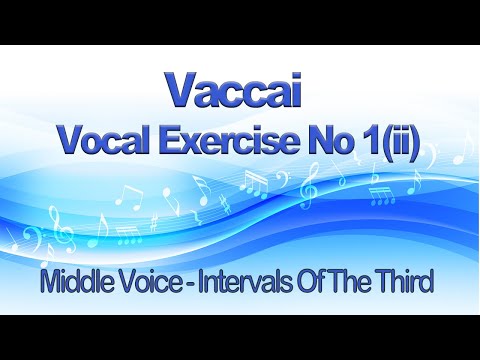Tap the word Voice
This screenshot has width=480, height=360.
pos(165,283)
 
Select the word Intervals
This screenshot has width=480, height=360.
pos(254,283)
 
